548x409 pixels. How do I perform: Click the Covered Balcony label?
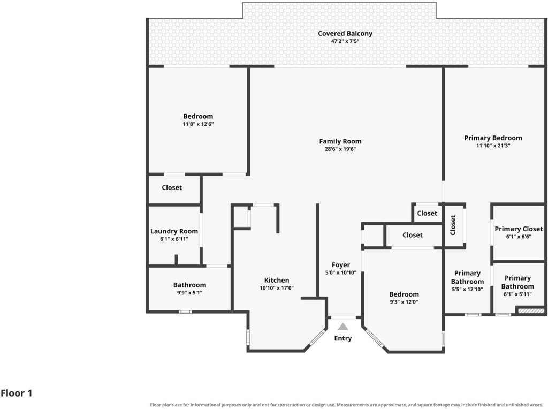pyautogui.click(x=345, y=34)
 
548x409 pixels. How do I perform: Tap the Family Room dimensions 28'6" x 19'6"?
pyautogui.click(x=340, y=149)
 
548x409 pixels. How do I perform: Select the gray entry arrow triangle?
pyautogui.click(x=343, y=327)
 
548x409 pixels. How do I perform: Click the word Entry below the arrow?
pyautogui.click(x=343, y=338)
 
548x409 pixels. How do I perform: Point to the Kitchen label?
pyautogui.click(x=277, y=281)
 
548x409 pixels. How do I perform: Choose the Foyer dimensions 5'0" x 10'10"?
pyautogui.click(x=341, y=272)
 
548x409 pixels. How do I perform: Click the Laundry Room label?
pyautogui.click(x=174, y=231)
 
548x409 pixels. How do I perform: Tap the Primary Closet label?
pyautogui.click(x=519, y=229)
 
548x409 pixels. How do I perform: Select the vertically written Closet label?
pyautogui.click(x=453, y=225)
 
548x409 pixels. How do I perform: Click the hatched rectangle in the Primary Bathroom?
pyautogui.click(x=531, y=311)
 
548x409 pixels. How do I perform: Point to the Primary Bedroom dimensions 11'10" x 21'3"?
pyautogui.click(x=493, y=146)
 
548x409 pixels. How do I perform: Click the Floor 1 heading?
pyautogui.click(x=17, y=393)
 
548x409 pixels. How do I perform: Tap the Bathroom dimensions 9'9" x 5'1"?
pyautogui.click(x=189, y=293)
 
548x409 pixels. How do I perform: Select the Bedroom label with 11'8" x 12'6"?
pyautogui.click(x=198, y=116)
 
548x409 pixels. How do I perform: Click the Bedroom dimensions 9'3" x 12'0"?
pyautogui.click(x=404, y=302)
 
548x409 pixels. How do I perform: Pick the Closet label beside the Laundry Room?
pyautogui.click(x=172, y=188)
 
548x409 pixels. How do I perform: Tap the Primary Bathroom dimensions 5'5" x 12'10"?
pyautogui.click(x=467, y=290)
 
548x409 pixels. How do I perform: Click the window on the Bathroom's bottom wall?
pyautogui.click(x=185, y=312)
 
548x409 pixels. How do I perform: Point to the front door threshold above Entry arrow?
pyautogui.click(x=343, y=318)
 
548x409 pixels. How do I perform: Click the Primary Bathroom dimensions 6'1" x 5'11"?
pyautogui.click(x=517, y=294)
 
